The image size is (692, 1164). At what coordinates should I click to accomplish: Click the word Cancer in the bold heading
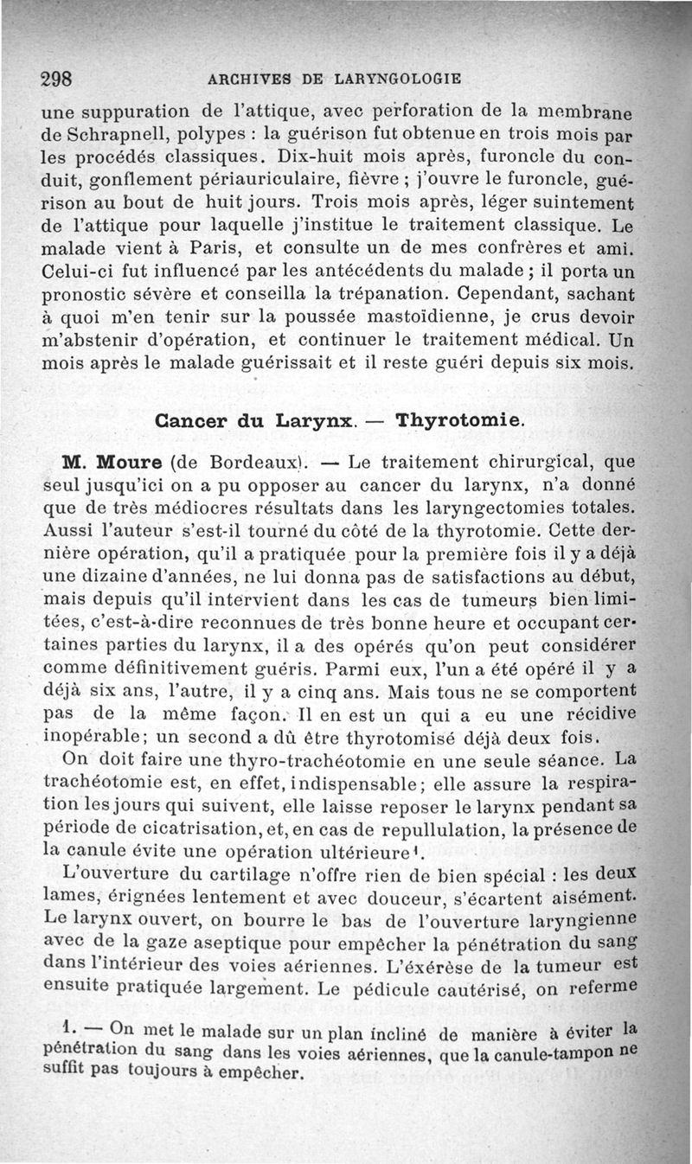(192, 422)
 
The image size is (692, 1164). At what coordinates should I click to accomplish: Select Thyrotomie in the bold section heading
(458, 422)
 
